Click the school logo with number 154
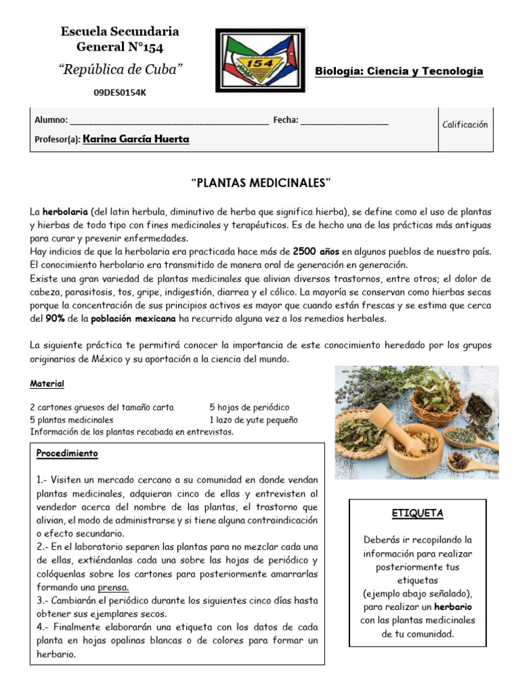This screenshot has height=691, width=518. click(260, 60)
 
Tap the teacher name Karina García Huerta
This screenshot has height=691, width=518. click(136, 140)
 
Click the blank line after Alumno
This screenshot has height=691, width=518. click(169, 122)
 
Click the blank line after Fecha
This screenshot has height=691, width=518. click(344, 122)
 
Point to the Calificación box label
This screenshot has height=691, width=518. click(465, 125)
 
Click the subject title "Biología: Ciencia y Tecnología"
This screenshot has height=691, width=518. click(399, 72)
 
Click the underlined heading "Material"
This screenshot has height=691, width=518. click(47, 384)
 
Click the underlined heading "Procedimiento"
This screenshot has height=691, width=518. click(67, 453)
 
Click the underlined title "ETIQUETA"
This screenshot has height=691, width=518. click(418, 514)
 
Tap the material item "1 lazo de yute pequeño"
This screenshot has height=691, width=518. click(253, 420)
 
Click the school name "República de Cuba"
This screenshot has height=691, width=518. click(120, 70)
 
